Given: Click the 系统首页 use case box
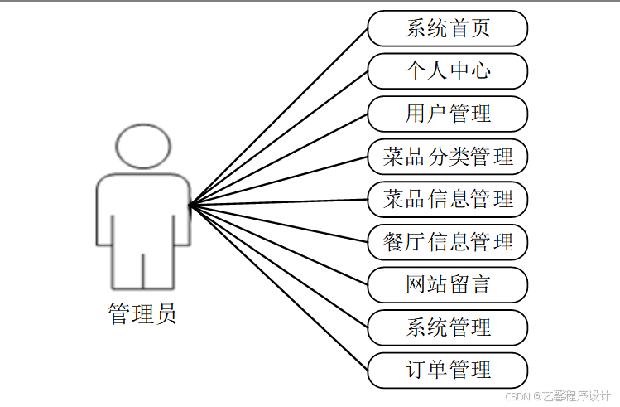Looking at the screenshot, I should point(448,28).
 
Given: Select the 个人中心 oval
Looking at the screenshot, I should point(448,70).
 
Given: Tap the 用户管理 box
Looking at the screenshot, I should point(448,114).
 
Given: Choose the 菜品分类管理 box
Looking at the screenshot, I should point(448,156).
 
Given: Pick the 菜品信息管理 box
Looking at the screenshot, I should point(448,199).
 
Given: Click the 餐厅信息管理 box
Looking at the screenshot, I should point(448,242).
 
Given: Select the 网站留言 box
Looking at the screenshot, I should point(448,284).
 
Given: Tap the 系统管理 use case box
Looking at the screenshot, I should point(448,327).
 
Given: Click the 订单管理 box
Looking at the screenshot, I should point(448,370).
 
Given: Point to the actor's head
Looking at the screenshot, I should point(142,146).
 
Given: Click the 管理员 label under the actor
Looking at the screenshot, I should point(142,314).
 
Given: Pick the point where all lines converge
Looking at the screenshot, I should point(190,205).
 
